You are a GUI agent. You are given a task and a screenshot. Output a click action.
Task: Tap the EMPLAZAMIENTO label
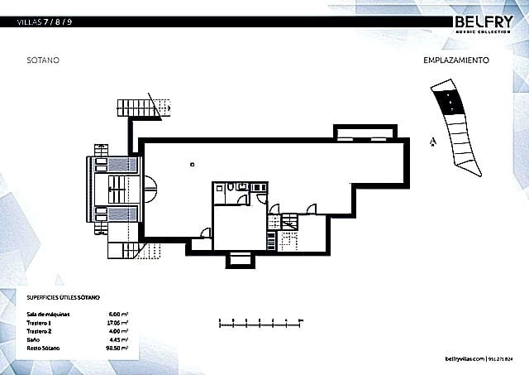click(457, 60)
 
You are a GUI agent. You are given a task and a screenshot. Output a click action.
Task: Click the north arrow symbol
click(432, 142)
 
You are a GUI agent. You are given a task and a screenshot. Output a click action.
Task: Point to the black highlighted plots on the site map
click(449, 102)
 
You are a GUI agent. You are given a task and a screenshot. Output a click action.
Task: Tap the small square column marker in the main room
click(191, 165)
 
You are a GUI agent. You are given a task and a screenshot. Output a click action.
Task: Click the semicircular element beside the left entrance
click(150, 191)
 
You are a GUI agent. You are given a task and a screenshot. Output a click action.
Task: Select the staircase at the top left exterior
click(136, 106)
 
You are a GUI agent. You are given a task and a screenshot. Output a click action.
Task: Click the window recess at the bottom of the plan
click(241, 261)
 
